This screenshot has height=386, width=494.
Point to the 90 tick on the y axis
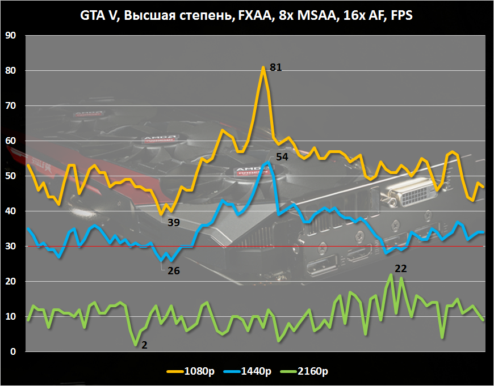coord(11,36)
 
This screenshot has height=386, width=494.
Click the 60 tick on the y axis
coord(11,141)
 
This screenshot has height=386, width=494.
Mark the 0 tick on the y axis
coord(13,352)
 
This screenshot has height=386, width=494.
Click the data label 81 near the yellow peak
coord(276,67)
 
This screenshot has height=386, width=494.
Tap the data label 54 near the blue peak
coord(282,156)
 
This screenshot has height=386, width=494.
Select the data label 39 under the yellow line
coord(173,223)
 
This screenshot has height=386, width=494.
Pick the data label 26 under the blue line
coord(173,271)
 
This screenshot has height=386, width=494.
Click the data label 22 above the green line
coord(401,268)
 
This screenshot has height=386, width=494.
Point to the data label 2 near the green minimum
coord(144,344)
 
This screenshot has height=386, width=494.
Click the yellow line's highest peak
coord(263,67)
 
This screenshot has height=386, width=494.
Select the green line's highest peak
coord(391,275)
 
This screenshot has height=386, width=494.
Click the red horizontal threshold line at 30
coord(341,247)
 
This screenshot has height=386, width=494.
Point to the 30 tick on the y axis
coord(11,247)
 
